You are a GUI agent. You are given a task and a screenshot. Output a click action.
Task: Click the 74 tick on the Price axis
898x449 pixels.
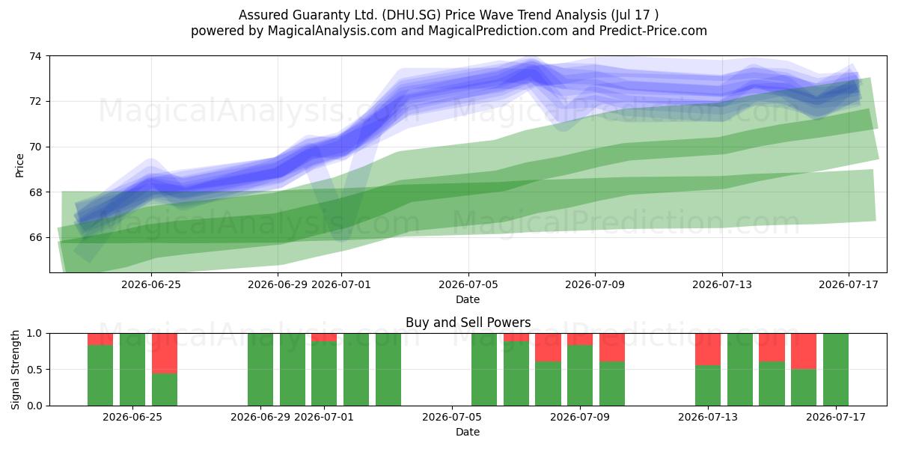35,56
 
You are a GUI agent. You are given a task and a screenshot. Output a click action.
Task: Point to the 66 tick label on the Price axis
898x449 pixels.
35,238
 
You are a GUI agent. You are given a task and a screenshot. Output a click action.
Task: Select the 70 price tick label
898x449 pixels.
35,147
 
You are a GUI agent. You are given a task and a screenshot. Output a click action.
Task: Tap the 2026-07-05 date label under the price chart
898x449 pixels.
468,284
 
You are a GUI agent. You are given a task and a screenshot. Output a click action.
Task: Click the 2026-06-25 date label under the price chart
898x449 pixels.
151,284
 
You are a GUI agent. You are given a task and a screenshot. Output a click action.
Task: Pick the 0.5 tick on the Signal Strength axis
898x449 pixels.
34,370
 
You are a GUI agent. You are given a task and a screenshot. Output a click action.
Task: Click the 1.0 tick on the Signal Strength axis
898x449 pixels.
34,334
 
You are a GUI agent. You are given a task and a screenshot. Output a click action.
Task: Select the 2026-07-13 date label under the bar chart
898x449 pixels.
708,418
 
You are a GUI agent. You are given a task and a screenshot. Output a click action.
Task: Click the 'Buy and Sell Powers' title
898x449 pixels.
468,323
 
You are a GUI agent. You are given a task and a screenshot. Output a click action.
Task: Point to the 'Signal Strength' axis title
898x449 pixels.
15,370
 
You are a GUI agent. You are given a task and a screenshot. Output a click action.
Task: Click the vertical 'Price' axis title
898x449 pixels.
19,165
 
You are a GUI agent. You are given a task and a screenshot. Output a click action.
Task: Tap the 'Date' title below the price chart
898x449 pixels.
468,299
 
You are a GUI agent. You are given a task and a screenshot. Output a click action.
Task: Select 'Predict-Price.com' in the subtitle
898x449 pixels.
653,31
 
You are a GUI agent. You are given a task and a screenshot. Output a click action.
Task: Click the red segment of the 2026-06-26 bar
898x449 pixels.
165,353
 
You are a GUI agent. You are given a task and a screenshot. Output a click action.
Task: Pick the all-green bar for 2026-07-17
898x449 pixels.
836,370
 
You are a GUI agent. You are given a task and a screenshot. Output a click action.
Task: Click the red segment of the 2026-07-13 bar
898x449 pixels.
708,349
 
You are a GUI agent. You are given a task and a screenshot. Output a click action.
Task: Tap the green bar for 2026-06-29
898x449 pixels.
260,370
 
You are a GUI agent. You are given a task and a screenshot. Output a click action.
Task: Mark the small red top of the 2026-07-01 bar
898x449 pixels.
324,337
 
